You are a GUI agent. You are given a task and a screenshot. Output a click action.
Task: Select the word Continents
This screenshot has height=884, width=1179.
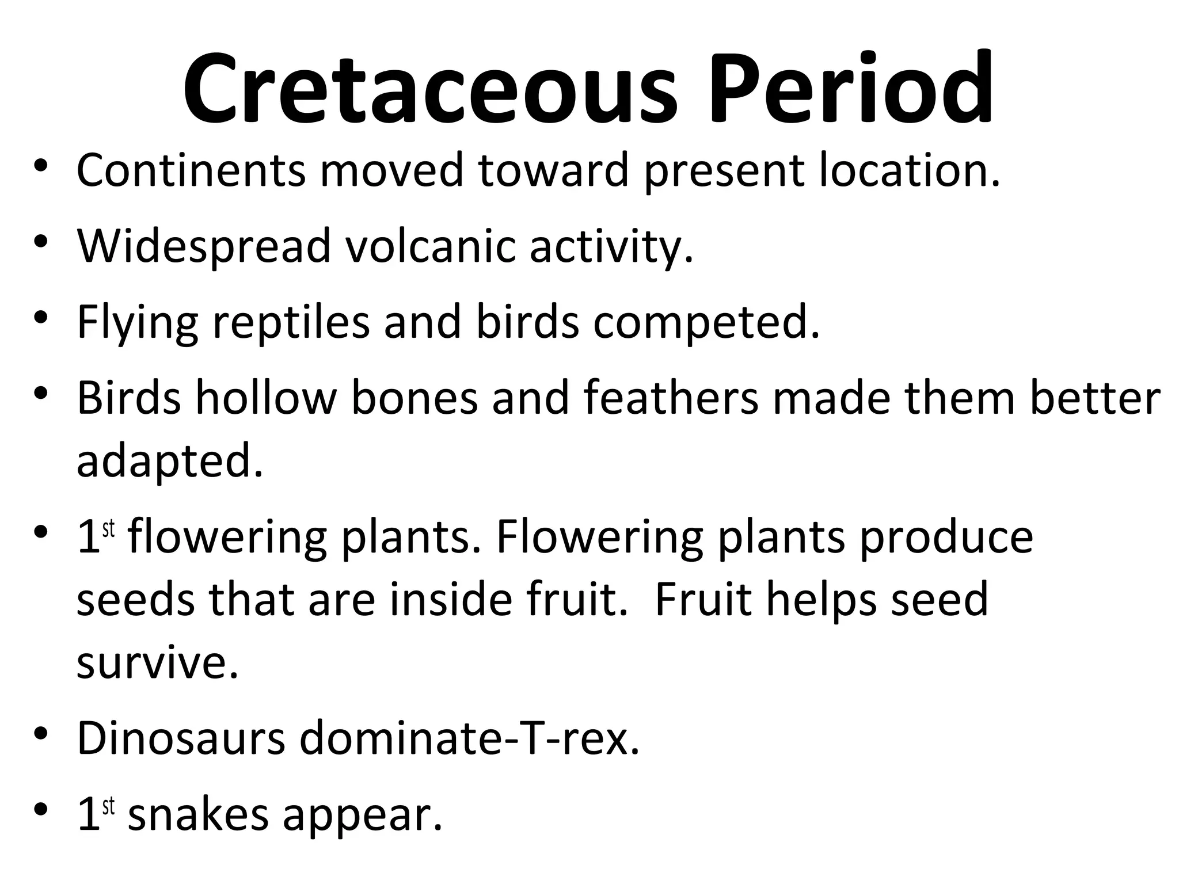click(191, 170)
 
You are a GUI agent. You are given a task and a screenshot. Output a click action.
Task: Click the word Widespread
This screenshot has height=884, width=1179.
click(204, 246)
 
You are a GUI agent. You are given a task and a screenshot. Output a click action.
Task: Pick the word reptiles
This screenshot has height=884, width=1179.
click(291, 322)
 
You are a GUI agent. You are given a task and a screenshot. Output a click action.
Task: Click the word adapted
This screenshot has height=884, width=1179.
click(170, 462)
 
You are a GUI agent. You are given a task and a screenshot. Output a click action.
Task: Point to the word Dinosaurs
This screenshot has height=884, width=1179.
click(181, 739)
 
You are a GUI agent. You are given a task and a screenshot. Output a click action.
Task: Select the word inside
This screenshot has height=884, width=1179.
click(450, 600)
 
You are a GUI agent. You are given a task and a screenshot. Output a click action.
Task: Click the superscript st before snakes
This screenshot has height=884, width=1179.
click(108, 806)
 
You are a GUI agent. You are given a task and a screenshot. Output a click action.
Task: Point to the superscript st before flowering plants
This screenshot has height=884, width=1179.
click(108, 529)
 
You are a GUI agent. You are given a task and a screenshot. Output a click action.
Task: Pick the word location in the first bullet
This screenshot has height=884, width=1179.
click(909, 170)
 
